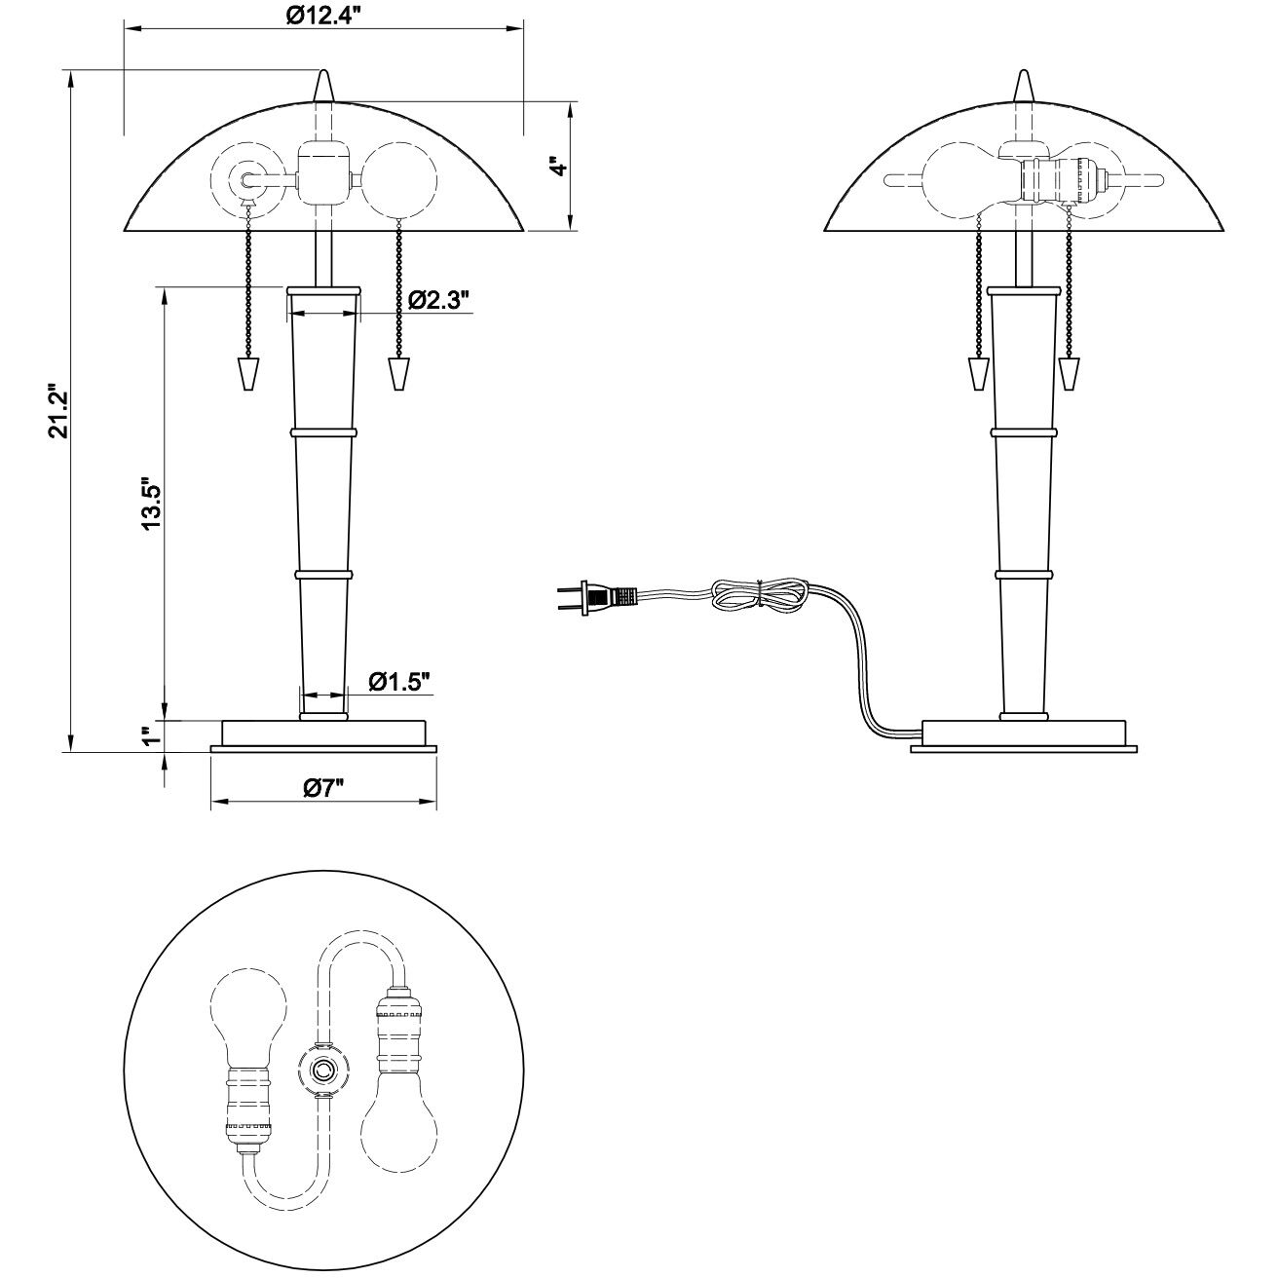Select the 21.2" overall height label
tap(59, 411)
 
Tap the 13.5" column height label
tap(152, 502)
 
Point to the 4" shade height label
tap(560, 166)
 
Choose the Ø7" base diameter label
tap(324, 787)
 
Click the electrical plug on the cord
tap(597, 597)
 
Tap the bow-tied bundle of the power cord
tap(760, 594)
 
